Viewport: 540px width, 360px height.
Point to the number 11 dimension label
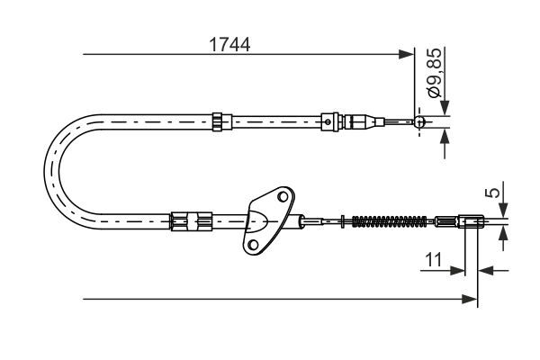[x=434, y=261]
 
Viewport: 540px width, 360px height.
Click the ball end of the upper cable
[x=419, y=121]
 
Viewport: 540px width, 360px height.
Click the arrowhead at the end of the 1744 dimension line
[x=406, y=55]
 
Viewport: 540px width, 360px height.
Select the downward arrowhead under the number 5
[x=503, y=210]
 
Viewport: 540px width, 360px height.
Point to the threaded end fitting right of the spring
[x=459, y=220]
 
